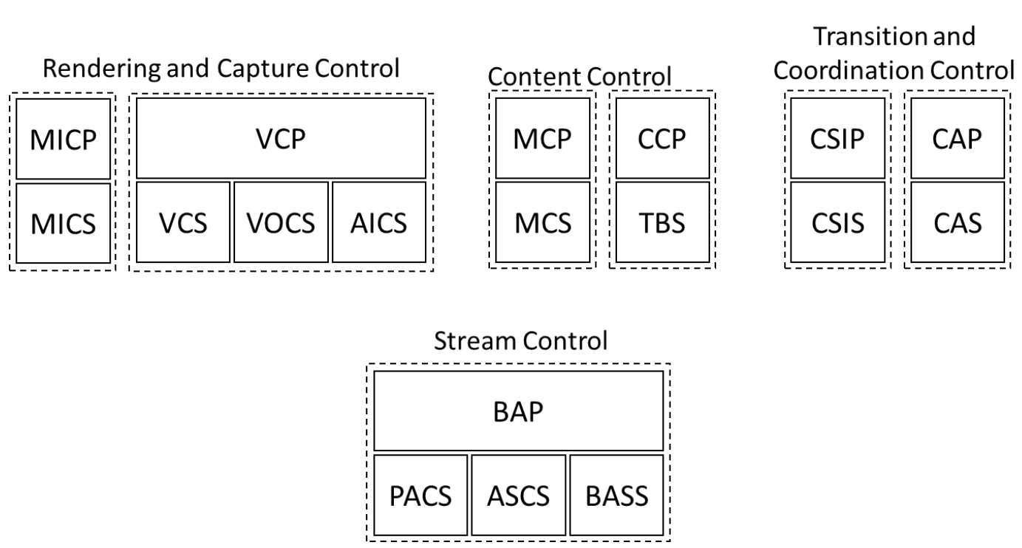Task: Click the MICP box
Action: point(63,138)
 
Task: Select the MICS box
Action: point(63,222)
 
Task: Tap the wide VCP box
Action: point(282,138)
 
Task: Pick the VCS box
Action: point(183,222)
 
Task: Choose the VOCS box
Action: point(282,222)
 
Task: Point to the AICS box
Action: point(379,222)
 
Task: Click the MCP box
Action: point(542,138)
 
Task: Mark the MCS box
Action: point(542,222)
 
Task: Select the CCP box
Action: point(662,138)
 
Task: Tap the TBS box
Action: point(662,222)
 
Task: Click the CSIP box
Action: point(838,138)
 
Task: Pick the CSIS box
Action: point(838,222)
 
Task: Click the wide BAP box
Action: point(518,411)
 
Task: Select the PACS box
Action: point(420,495)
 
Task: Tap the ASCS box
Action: point(519,495)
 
